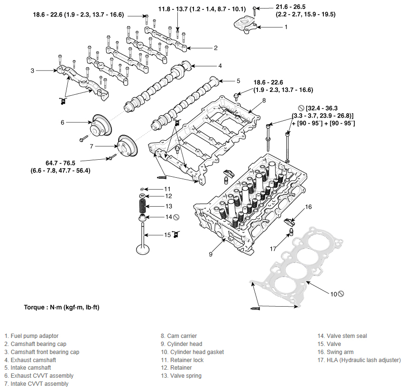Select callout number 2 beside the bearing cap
216,48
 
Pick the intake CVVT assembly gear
128,146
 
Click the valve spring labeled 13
142,206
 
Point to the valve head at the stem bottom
143,250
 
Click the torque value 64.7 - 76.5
60,163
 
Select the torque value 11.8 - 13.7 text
173,9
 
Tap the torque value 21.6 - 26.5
291,7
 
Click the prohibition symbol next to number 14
176,217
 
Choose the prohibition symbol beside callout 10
341,294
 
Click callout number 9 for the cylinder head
211,255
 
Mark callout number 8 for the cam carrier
264,100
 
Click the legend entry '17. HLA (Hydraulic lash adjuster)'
359,360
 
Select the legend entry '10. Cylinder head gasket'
192,352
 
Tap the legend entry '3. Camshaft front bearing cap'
42,352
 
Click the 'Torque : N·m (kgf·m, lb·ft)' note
62,308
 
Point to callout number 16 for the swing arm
308,207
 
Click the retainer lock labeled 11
142,190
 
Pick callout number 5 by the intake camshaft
238,81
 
